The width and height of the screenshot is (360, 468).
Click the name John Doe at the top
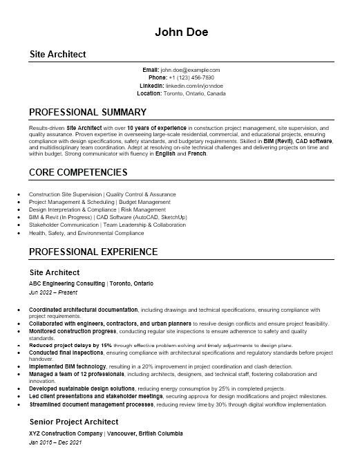coord(180,32)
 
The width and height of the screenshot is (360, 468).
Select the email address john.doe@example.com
coord(190,70)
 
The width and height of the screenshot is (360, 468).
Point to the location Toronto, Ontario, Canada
coord(195,93)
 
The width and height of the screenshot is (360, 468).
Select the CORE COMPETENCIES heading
coord(78,172)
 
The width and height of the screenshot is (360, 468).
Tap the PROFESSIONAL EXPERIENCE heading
coord(93,252)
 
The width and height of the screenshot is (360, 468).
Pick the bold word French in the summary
coord(197,153)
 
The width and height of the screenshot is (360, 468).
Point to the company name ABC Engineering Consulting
coord(67,283)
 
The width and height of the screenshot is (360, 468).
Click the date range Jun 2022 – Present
coord(53,292)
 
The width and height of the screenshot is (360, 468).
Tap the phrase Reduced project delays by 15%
coord(70,345)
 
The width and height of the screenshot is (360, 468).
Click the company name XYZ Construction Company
coord(66,433)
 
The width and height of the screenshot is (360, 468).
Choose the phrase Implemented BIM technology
coord(67,366)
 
